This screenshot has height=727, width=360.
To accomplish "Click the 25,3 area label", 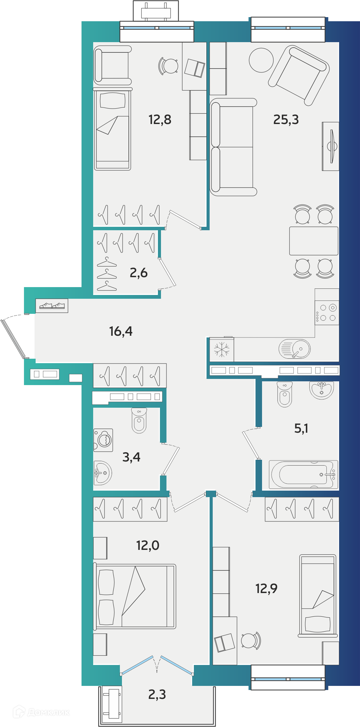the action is (286, 120).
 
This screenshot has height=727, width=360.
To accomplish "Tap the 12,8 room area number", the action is (160, 120).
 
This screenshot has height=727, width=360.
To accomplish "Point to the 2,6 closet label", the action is (139, 273).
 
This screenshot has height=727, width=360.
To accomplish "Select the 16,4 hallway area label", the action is (121, 331).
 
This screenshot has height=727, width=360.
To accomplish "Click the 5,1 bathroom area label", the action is (301, 428).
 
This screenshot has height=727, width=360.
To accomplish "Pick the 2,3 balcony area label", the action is (157, 694).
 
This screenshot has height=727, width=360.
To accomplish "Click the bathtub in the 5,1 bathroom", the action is (303, 475).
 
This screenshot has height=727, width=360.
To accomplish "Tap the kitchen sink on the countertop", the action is (295, 349).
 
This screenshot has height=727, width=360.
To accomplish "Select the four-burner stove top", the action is (327, 312).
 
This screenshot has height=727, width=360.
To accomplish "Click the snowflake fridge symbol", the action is (222, 349).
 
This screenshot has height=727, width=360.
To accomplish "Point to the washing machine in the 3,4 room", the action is (103, 440).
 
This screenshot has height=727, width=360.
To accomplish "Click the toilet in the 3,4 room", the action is (139, 420).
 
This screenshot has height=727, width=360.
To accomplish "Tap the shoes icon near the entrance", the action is (52, 305).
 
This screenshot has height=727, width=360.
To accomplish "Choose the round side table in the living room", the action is (261, 60).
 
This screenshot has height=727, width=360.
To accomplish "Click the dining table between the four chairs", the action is (314, 241).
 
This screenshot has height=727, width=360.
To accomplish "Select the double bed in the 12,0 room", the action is (135, 596).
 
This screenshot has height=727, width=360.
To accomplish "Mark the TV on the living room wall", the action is (331, 146).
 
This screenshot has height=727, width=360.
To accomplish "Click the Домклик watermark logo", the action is (41, 712).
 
